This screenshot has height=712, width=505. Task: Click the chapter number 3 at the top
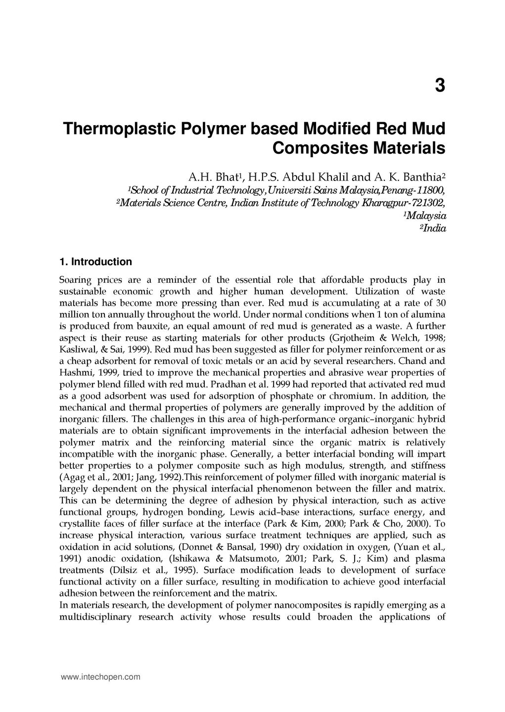440,86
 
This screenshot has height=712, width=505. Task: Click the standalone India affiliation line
434,228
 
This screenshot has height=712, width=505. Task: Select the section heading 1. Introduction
95,262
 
